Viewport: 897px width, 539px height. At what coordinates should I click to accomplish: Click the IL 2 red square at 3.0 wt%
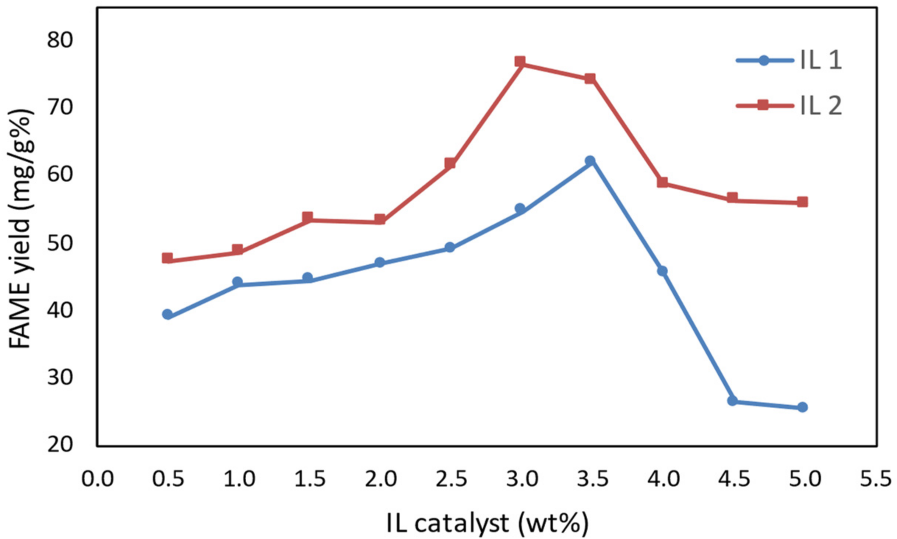tap(520, 61)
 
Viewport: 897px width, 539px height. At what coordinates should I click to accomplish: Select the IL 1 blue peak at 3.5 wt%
tap(590, 161)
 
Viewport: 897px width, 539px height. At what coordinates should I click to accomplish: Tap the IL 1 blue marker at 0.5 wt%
tap(168, 314)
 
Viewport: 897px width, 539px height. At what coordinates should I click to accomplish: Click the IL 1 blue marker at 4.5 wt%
tap(732, 401)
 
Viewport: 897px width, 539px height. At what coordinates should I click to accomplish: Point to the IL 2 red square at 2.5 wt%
tap(450, 163)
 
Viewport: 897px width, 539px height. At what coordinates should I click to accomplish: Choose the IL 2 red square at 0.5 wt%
tap(168, 258)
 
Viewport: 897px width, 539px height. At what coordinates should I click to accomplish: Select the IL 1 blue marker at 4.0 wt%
tap(662, 271)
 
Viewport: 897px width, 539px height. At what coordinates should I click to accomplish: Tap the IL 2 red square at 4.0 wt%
tap(662, 182)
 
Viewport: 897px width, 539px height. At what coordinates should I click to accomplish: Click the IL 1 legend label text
tap(821, 60)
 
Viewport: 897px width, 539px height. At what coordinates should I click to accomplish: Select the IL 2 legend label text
tap(821, 106)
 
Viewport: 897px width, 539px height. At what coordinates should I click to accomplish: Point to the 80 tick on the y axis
tap(60, 40)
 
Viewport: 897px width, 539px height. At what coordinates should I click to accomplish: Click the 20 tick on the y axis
tap(60, 445)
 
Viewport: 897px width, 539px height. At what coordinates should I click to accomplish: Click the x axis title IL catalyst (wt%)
tap(487, 523)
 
